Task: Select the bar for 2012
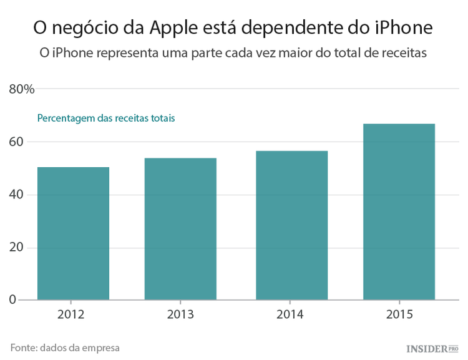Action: click(x=73, y=233)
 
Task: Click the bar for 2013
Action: click(x=180, y=229)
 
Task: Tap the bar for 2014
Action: click(x=292, y=225)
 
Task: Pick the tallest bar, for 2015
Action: click(x=399, y=212)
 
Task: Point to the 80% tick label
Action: click(x=21, y=89)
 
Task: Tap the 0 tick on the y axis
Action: click(x=12, y=300)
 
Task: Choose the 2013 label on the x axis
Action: click(x=180, y=314)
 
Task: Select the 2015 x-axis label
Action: click(x=399, y=314)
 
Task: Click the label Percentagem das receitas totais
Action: click(x=106, y=118)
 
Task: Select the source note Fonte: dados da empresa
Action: click(x=65, y=348)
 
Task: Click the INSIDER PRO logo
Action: click(x=432, y=348)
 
